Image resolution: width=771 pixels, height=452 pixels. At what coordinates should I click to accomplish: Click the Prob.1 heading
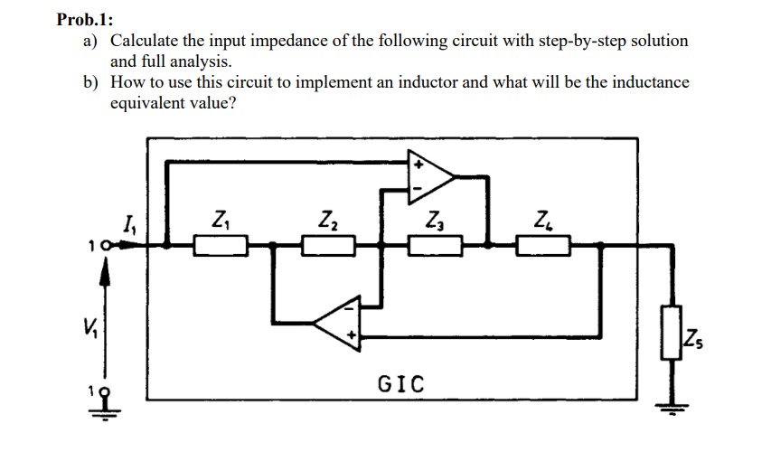tap(89, 19)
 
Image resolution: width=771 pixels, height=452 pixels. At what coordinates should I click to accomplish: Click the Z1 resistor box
tap(221, 244)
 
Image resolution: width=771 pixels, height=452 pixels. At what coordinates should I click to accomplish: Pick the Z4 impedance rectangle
tap(543, 244)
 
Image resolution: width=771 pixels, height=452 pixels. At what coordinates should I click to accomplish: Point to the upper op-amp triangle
tap(431, 176)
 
